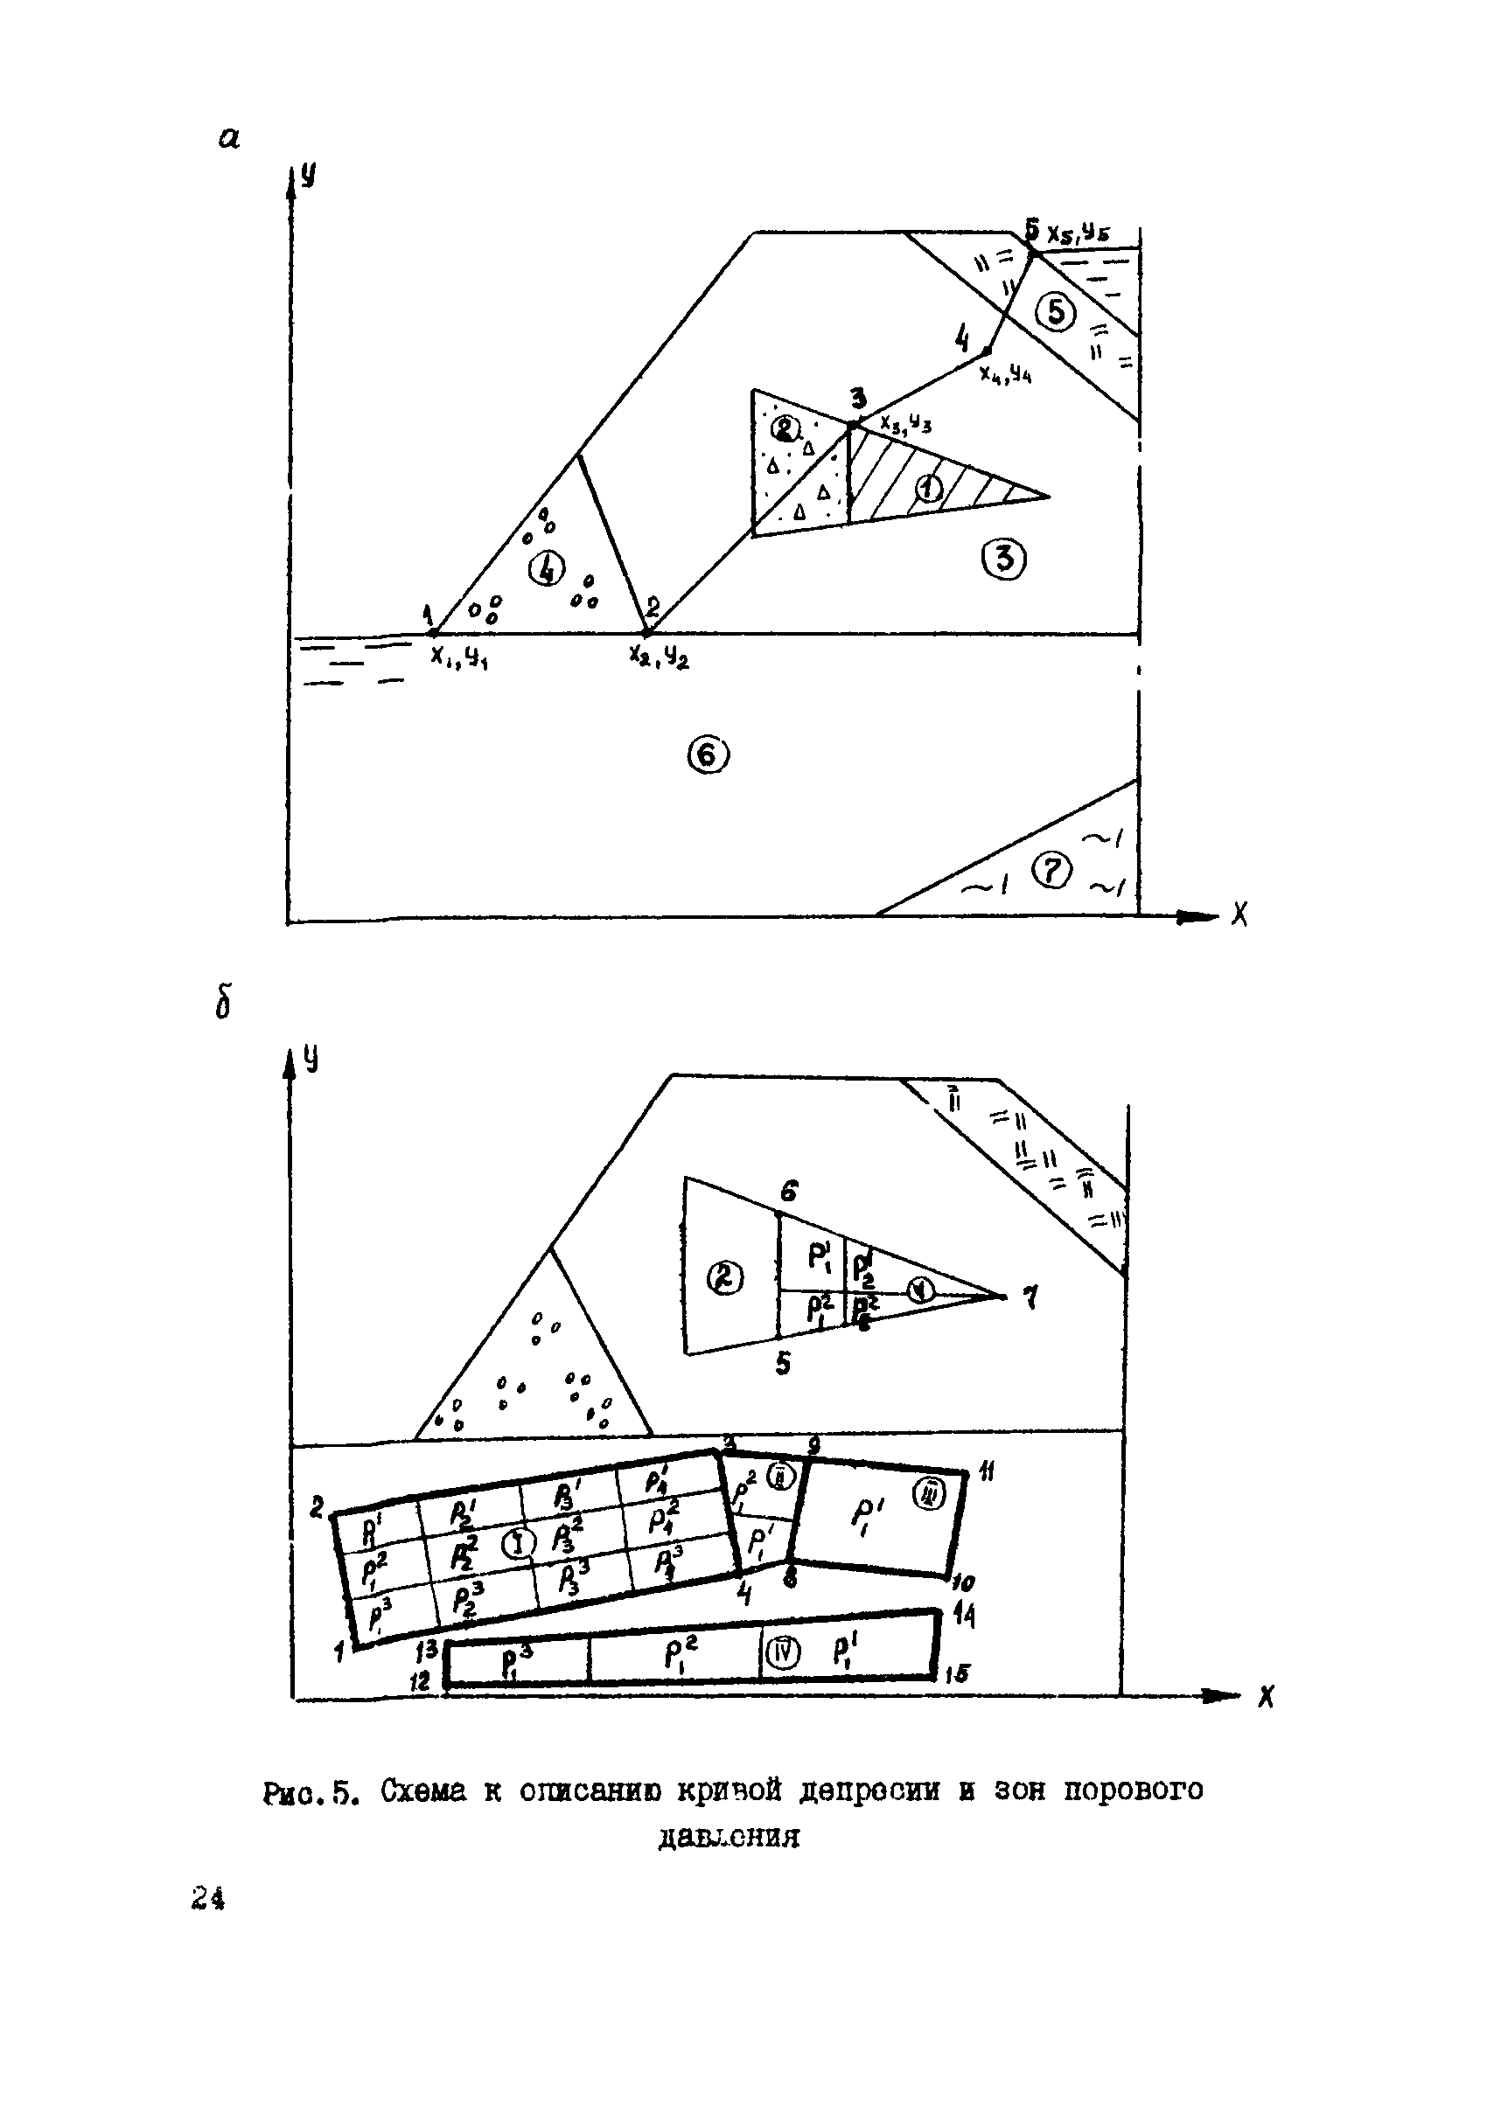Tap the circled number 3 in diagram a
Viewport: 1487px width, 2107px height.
tap(1004, 558)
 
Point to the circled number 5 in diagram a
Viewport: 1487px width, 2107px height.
tap(1057, 313)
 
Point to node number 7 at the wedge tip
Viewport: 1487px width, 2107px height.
tap(1030, 1298)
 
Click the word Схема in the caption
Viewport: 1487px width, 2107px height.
tap(424, 1790)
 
